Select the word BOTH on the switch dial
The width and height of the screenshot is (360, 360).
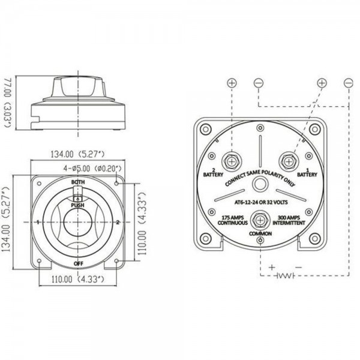[x=78, y=182]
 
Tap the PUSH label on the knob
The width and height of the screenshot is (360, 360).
[x=77, y=205]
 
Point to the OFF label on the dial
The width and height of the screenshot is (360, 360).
[x=78, y=263]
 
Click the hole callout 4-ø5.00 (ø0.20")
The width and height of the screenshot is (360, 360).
[x=92, y=169]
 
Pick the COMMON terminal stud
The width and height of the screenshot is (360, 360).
[x=260, y=220]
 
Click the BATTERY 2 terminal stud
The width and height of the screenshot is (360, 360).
[x=232, y=161]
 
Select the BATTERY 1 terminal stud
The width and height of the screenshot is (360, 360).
[x=289, y=161]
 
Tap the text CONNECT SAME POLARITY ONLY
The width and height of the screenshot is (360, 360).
[x=260, y=178]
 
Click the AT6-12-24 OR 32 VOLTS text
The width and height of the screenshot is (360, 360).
[x=261, y=202]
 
